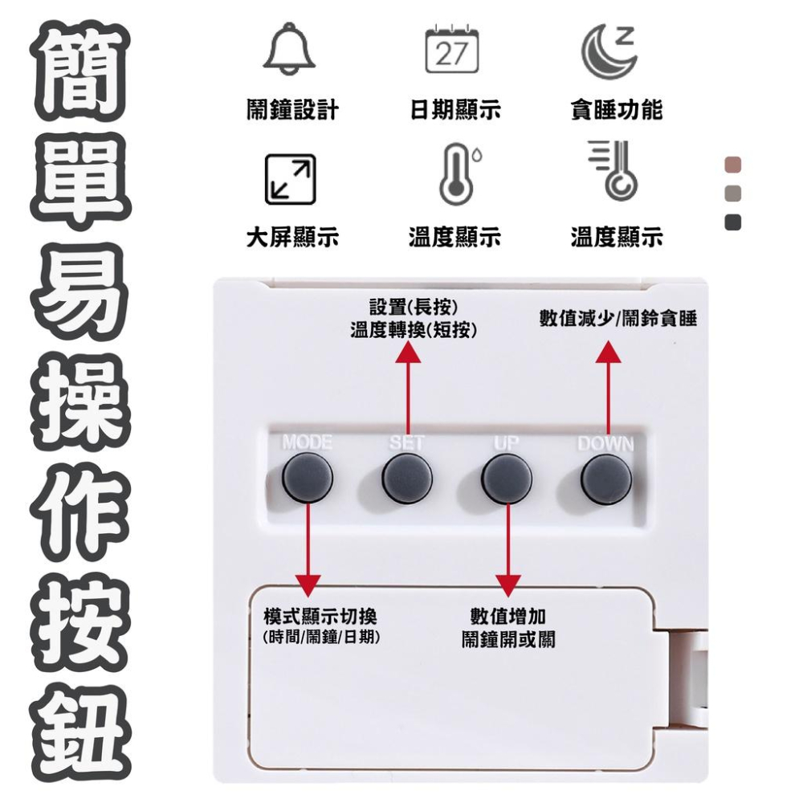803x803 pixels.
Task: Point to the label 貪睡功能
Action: pos(616,110)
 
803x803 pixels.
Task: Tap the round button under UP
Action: pos(507,478)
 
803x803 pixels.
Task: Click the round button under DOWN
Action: pos(606,478)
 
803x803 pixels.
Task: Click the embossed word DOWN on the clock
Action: pos(605,445)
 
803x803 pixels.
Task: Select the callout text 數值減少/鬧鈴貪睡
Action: pos(618,319)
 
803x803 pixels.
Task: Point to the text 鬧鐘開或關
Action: pos(508,639)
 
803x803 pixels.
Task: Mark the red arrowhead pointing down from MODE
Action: pos(308,585)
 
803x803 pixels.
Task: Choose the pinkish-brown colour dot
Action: pos(732,165)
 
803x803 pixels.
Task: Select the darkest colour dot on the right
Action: pos(732,222)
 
